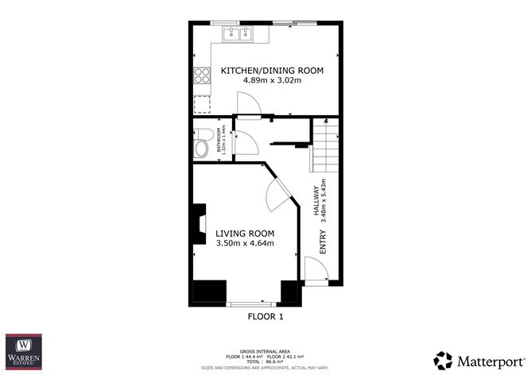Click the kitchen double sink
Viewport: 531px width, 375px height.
coord(238,33)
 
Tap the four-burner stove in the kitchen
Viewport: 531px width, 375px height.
coord(200,77)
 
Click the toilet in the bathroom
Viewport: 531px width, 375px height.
coord(202,145)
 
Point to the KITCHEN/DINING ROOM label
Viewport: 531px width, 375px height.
coord(272,71)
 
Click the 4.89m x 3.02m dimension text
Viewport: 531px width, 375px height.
coord(272,82)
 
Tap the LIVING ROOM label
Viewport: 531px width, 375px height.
coord(245,233)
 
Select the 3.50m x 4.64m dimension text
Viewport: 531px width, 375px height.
coord(245,243)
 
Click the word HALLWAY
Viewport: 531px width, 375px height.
coord(316,199)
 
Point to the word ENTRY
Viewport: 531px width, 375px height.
coord(323,242)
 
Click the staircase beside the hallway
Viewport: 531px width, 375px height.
coord(324,145)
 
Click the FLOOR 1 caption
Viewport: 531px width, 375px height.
coord(265,316)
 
